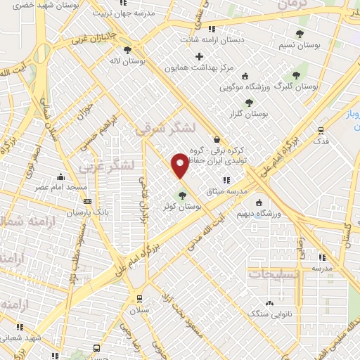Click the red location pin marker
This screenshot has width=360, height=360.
pos(181,165)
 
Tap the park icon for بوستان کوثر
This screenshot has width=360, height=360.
pos(182,195)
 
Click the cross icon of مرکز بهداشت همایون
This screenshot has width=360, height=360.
pos(200,56)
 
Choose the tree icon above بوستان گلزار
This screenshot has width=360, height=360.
pos(249,103)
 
